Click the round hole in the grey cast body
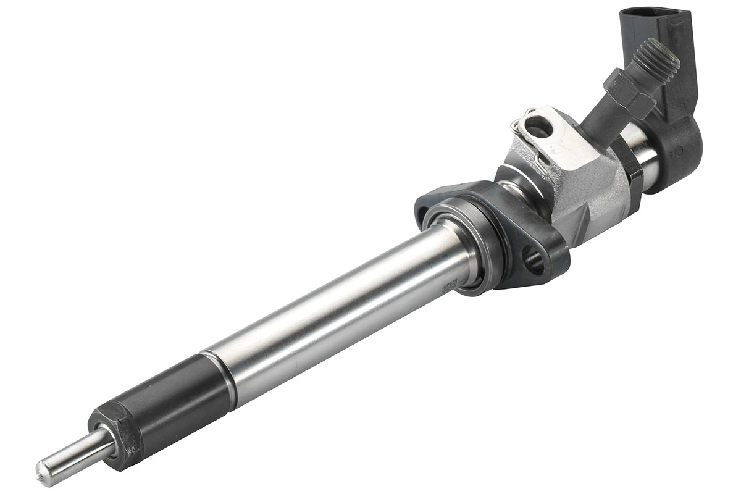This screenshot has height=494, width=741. pos(537,127)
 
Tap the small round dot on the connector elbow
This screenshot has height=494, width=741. pos(678,150)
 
